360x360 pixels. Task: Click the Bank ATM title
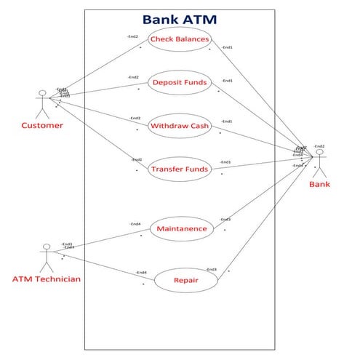(x=179, y=20)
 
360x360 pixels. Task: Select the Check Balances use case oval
(x=179, y=39)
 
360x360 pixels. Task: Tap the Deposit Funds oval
(x=179, y=82)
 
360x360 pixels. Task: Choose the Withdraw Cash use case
(x=179, y=127)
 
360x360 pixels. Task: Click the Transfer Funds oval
(x=179, y=170)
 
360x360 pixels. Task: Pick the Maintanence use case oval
(x=182, y=229)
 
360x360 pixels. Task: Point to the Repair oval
(x=186, y=280)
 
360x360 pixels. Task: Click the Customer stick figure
(x=42, y=103)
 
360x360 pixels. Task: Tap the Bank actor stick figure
(x=319, y=163)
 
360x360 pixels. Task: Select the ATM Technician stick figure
(x=47, y=255)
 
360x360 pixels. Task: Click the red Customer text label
(x=41, y=126)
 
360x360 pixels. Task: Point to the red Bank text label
(x=319, y=184)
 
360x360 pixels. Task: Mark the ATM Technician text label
(x=47, y=279)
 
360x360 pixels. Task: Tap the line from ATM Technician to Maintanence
(x=102, y=241)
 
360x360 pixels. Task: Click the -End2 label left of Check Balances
(x=132, y=36)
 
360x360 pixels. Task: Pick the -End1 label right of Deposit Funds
(x=227, y=81)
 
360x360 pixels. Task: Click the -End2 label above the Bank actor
(x=319, y=145)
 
